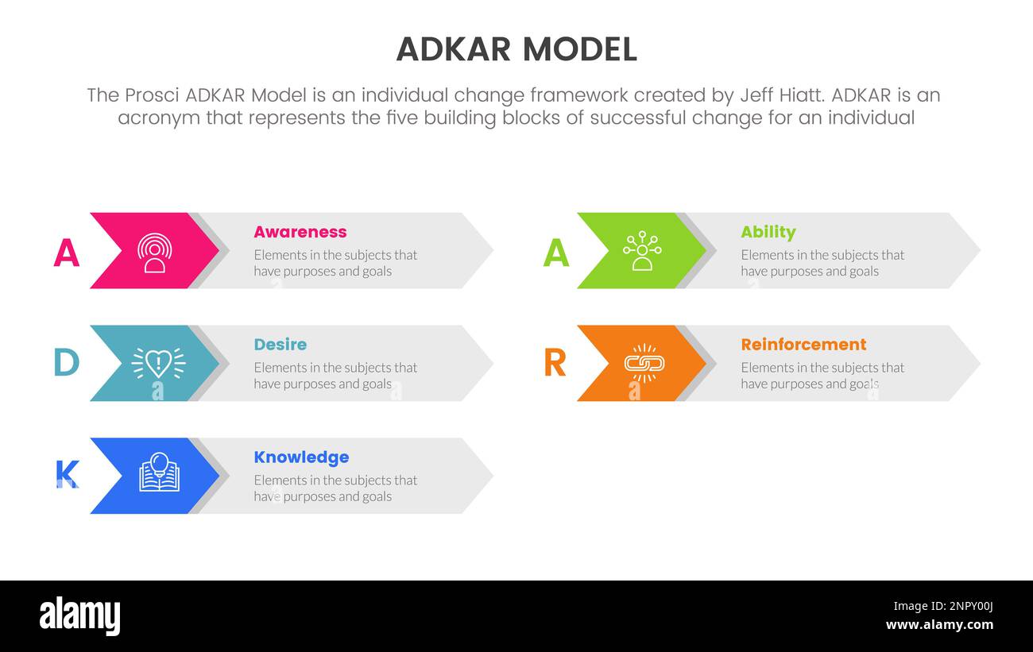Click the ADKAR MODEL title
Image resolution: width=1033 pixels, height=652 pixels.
516,49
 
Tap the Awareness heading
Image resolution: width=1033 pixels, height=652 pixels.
300,232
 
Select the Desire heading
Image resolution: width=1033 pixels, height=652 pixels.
280,345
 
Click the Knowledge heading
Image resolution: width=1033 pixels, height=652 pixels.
301,457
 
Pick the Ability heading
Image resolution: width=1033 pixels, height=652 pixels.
768,232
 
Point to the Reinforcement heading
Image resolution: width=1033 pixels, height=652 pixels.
803,345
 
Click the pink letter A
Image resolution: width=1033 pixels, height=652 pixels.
67,253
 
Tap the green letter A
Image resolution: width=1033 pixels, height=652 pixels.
556,253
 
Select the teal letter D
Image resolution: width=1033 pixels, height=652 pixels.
66,363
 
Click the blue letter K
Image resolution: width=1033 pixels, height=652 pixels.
67,475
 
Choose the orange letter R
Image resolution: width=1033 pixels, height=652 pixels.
555,363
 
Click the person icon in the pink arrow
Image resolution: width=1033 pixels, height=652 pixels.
154,253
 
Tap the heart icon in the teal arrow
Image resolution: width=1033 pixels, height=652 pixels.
158,363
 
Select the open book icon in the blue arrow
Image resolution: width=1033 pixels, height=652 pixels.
159,473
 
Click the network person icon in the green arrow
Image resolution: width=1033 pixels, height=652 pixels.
641,251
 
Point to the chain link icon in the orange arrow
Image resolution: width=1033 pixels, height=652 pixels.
644,363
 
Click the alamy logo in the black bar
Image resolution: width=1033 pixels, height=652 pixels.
79,616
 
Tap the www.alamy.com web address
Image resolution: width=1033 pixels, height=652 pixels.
939,625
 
